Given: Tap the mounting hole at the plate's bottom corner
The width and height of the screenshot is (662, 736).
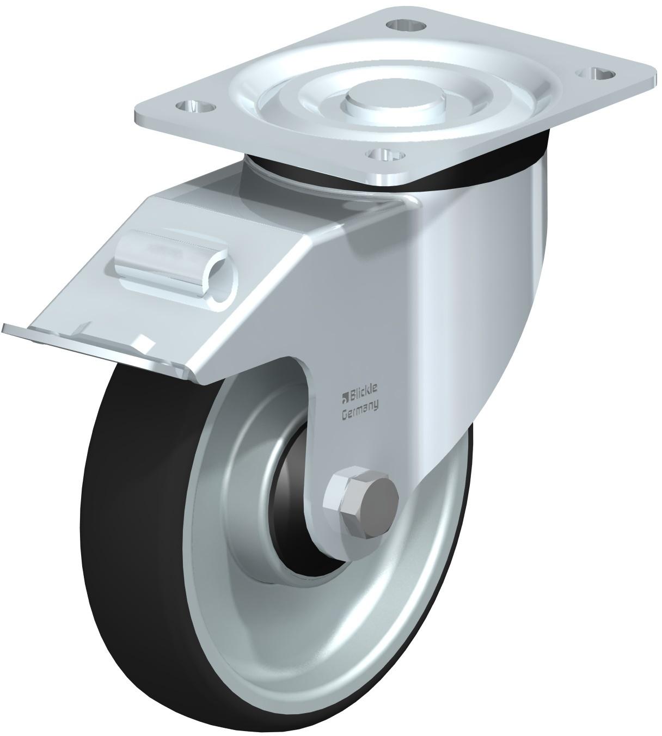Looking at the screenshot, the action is coord(382,154).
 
